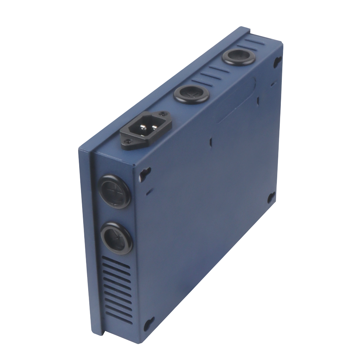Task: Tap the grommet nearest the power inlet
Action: point(192,94)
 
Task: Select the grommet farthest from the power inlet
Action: point(238,56)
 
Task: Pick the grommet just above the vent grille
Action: point(116,238)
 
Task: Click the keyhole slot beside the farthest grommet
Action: point(278,62)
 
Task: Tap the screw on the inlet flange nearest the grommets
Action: point(165,115)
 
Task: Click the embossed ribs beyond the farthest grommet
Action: point(256,42)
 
